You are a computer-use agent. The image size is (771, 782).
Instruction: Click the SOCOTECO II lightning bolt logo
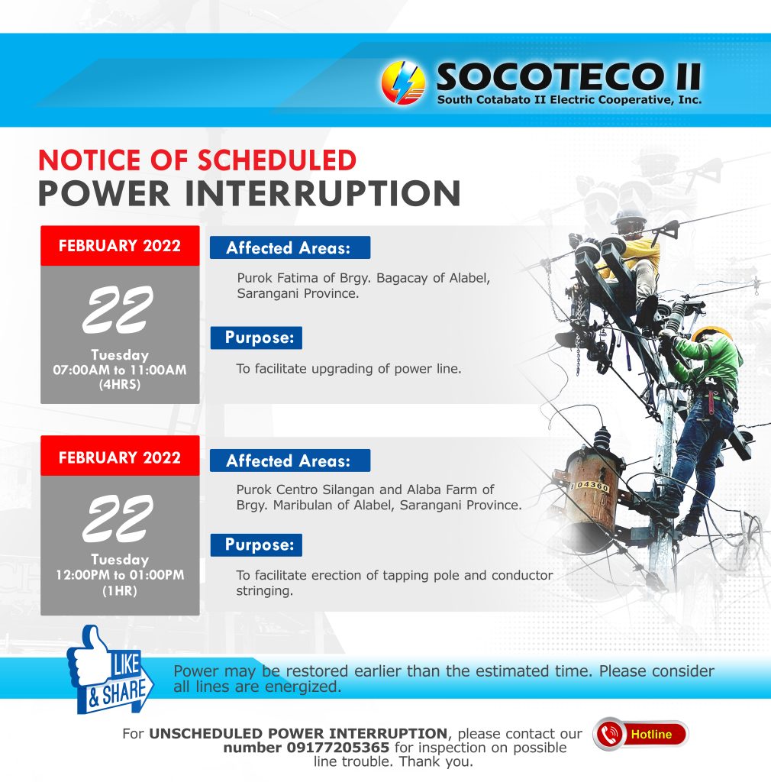403,82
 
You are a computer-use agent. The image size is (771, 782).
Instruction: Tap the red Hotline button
640,734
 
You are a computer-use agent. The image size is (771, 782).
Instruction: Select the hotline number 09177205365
338,748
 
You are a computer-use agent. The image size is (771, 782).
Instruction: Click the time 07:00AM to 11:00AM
120,370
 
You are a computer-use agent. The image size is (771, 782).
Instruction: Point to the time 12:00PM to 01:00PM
120,575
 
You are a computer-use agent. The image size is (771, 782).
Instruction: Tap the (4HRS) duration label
120,385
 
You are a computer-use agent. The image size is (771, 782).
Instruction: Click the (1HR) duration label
120,591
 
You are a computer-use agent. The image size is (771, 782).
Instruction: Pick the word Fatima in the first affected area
298,278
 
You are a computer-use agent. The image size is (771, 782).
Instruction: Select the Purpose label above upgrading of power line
256,338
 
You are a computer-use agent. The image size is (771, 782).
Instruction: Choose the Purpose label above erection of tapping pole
256,544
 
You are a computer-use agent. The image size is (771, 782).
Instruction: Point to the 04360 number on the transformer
592,485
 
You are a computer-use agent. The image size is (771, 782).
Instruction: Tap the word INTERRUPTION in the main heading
323,193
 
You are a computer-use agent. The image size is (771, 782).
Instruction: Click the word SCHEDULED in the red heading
277,160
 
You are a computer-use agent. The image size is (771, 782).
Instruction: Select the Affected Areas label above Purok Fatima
290,247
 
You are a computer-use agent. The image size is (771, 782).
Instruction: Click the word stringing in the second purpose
264,591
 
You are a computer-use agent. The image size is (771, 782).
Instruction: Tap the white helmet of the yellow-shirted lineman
630,217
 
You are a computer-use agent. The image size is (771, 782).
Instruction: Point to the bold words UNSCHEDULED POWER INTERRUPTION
298,734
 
